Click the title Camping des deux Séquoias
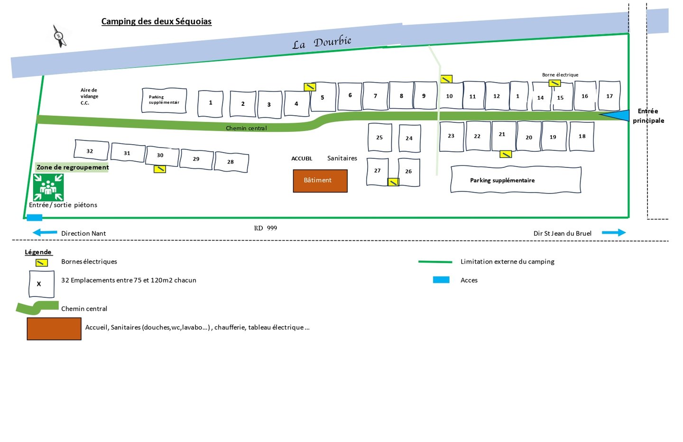157,21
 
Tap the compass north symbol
59,36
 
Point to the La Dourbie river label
322,42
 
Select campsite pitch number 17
609,96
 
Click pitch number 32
91,150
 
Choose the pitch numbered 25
379,137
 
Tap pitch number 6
350,96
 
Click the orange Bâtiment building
320,181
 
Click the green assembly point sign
48,187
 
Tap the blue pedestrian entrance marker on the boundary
35,218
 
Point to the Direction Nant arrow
45,232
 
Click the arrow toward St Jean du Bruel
613,232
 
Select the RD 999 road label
265,228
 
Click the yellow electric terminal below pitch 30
160,169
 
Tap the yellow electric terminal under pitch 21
506,154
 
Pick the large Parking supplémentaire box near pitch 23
516,180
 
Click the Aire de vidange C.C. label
89,96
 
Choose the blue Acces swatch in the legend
441,279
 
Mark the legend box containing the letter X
41,284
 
